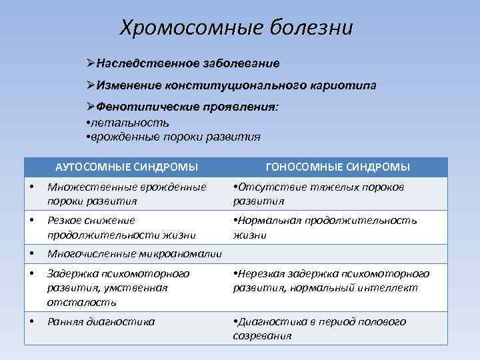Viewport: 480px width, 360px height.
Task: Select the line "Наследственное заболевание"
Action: (x=187, y=63)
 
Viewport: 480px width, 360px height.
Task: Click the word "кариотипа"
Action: (x=343, y=85)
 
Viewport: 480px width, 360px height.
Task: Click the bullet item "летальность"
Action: (x=131, y=123)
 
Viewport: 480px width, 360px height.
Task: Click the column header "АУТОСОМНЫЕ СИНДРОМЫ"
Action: (x=126, y=167)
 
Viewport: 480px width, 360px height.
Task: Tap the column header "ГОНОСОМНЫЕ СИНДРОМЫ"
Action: (x=337, y=167)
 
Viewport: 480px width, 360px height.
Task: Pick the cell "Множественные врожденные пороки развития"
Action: (x=127, y=193)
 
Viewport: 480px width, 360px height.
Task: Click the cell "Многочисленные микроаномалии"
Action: (x=134, y=253)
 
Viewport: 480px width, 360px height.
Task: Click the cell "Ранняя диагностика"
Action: (x=101, y=321)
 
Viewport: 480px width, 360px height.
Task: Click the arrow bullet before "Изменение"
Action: (x=91, y=85)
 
